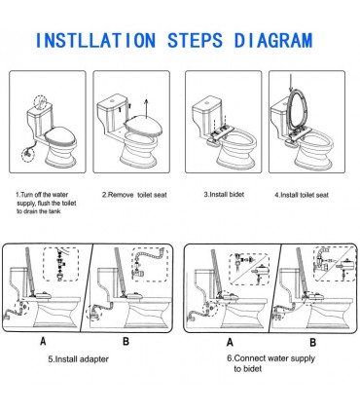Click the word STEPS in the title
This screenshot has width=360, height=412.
tap(196, 40)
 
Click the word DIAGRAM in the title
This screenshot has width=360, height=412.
tap(273, 40)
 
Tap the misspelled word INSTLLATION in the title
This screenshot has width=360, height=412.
tap(95, 40)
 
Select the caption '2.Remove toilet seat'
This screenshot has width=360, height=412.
tap(134, 195)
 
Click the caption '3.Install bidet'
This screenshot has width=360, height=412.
tap(224, 194)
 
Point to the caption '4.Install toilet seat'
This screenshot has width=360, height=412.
tap(302, 195)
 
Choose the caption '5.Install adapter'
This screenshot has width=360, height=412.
tap(79, 359)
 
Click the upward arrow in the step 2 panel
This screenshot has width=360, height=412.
tap(146, 108)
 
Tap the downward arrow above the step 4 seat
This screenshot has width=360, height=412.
tap(291, 83)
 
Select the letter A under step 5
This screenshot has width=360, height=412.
tap(43, 341)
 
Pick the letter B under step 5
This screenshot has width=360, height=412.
tap(126, 341)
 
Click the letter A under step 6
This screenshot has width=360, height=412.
tap(230, 342)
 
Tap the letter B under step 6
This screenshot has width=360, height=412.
tap(312, 342)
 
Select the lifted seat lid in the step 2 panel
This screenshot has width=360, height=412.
tap(144, 126)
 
